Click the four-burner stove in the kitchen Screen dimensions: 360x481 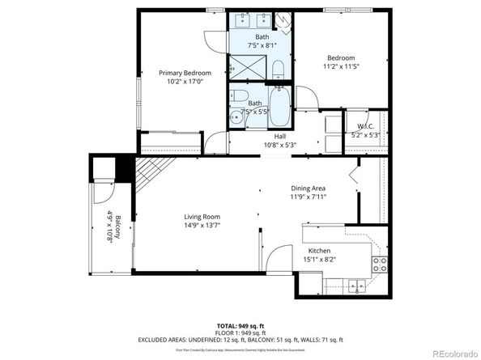point(379,262)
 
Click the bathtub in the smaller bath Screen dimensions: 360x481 point(280,106)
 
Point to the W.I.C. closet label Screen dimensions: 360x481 point(365,126)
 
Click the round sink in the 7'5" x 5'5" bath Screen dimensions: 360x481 point(236,117)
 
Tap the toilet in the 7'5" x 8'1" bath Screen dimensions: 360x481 point(277,69)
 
